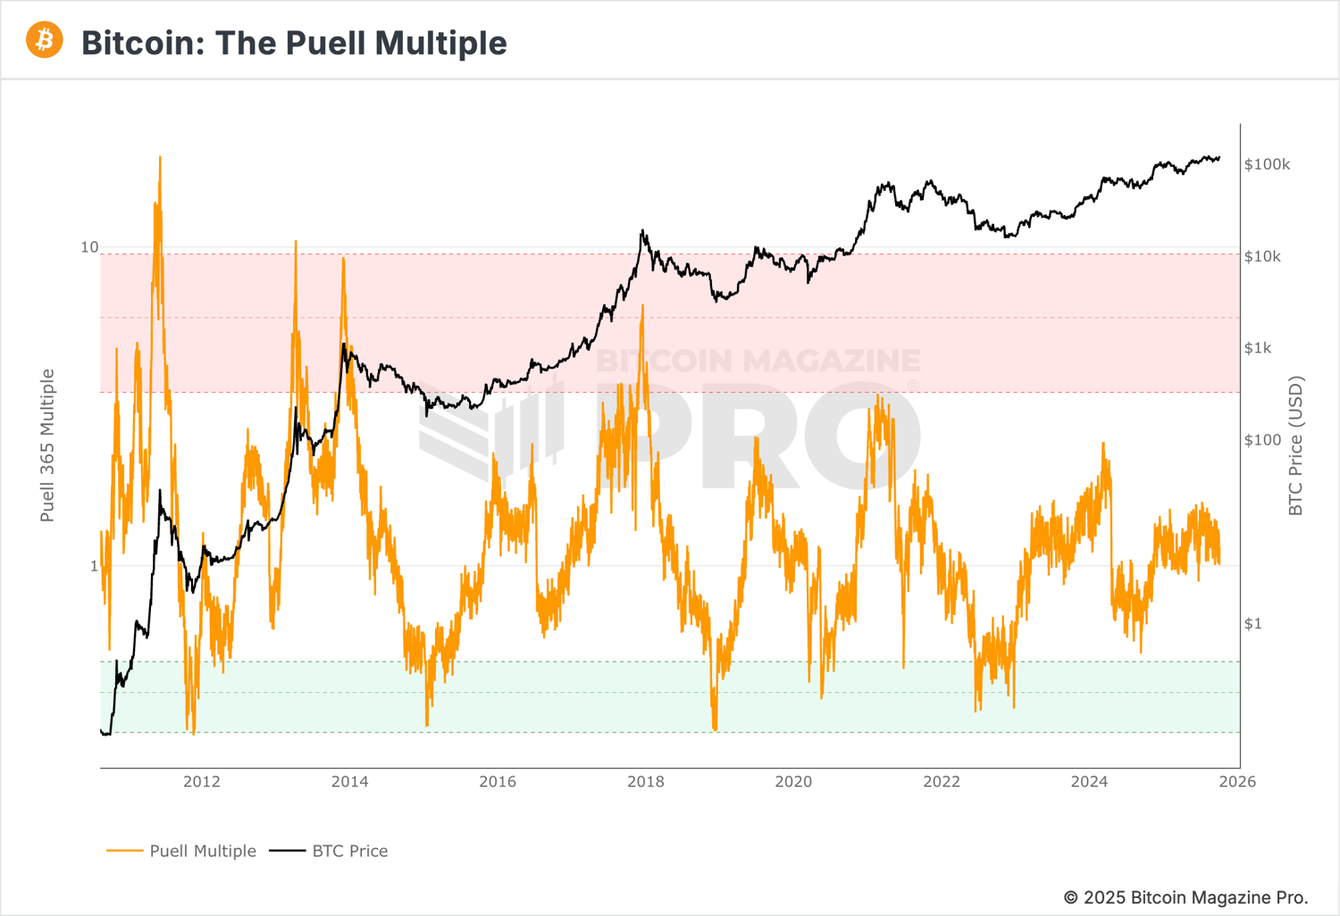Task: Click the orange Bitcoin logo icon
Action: click(x=45, y=41)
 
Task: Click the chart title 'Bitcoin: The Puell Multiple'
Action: click(x=294, y=43)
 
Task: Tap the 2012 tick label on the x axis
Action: click(x=202, y=782)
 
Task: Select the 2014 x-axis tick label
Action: click(x=349, y=782)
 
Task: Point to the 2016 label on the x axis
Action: click(x=498, y=782)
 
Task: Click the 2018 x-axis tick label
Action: click(x=646, y=782)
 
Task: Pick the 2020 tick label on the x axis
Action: click(x=793, y=782)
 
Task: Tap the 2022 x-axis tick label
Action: click(x=942, y=782)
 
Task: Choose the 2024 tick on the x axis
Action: click(x=1089, y=782)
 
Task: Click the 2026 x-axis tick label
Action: click(x=1237, y=782)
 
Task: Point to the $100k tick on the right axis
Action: click(x=1267, y=165)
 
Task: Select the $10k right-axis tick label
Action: click(x=1262, y=257)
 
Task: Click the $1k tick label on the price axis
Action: click(x=1258, y=348)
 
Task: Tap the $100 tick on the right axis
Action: click(x=1262, y=440)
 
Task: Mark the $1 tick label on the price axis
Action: click(x=1253, y=623)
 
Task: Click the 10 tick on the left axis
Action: click(x=89, y=247)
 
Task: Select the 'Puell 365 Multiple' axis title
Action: click(x=47, y=446)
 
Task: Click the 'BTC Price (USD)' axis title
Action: click(x=1296, y=446)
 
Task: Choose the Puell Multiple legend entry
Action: click(x=181, y=851)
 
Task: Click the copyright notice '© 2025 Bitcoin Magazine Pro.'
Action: click(x=1185, y=897)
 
